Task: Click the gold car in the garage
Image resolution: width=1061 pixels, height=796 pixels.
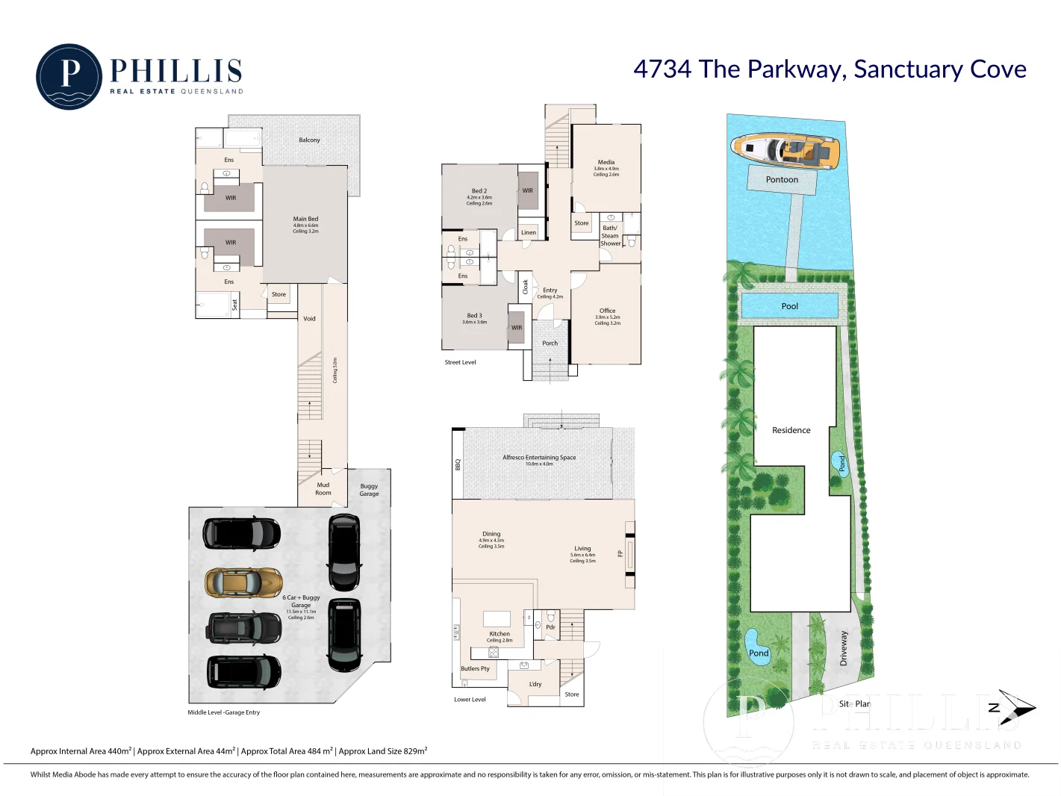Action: coord(243,582)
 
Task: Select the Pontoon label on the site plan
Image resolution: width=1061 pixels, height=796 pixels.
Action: coord(782,180)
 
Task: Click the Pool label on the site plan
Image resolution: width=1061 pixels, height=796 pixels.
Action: coord(789,306)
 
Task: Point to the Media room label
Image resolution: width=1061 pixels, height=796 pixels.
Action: coord(606,162)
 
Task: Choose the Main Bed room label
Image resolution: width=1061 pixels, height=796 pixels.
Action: coord(305,219)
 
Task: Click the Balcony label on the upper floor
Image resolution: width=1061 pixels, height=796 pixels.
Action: coord(309,140)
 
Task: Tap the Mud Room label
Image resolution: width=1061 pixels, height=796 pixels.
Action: coord(323,489)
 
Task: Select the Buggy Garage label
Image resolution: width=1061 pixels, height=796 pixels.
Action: coord(369,490)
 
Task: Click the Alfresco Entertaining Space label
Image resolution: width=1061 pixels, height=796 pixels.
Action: coord(539,458)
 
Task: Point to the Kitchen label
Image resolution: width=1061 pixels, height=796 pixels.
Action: coord(500,634)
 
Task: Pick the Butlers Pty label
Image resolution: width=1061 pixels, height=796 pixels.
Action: coord(475,669)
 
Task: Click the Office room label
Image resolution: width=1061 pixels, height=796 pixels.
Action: coord(607,311)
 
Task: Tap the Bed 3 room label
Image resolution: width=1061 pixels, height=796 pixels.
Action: coord(474,316)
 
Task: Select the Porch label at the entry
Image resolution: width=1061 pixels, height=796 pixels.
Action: coord(550,343)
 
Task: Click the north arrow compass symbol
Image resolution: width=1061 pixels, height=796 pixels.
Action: coord(1015,707)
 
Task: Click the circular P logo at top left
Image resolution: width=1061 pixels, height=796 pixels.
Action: coord(69,77)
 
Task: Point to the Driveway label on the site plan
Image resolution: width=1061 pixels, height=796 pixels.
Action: coord(844,648)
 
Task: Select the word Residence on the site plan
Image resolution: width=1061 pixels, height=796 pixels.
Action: coord(791,431)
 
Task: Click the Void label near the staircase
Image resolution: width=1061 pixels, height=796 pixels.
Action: coord(309,319)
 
